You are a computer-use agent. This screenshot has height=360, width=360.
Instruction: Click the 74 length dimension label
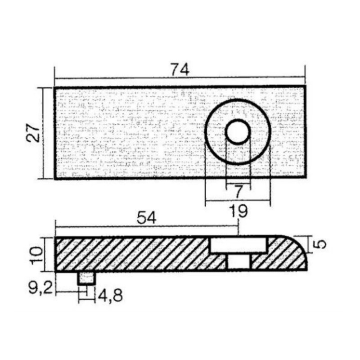181,69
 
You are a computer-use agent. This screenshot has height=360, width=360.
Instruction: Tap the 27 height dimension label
33,133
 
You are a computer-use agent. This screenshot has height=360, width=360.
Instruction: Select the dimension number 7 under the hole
239,192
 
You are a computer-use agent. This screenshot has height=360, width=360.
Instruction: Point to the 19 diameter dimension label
239,211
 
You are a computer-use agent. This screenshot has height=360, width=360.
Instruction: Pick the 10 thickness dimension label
37,254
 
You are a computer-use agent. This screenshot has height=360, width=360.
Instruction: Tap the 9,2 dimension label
40,288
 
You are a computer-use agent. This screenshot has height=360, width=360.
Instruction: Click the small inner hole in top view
238,131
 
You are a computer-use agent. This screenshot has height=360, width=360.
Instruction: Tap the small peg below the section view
86,278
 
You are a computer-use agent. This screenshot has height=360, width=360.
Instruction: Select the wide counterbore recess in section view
239,245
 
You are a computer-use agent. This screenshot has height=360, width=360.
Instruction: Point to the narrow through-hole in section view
239,261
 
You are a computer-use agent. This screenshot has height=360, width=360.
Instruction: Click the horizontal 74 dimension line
180,78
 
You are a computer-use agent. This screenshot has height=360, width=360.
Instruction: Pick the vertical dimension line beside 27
43,133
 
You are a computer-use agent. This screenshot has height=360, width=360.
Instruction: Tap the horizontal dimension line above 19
238,200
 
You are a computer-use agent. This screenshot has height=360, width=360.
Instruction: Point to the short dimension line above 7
238,184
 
